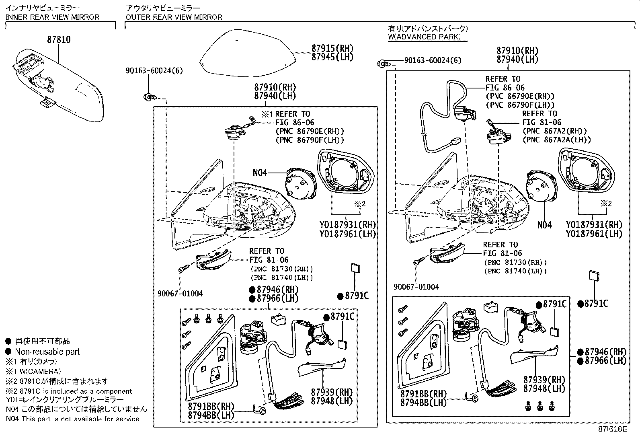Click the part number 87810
(59, 40)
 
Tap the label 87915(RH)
(332, 48)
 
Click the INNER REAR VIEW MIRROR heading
(52, 17)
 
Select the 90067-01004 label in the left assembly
(180, 294)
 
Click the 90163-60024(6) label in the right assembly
(433, 60)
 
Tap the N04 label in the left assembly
(260, 173)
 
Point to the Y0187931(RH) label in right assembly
(594, 225)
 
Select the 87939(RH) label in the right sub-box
(544, 380)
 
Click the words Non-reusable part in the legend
(47, 352)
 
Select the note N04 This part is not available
(72, 419)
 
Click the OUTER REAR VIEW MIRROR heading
(174, 17)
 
